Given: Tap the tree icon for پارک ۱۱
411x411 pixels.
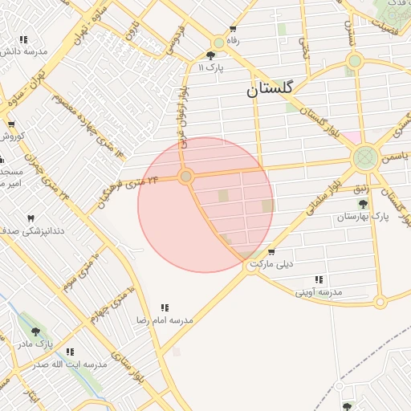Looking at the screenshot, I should tap(210, 55).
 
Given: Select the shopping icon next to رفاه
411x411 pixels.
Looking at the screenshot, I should tap(233, 28).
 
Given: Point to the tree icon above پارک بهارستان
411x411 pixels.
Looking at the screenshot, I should tap(363, 204).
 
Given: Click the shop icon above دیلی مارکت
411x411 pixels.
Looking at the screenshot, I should tap(271, 251).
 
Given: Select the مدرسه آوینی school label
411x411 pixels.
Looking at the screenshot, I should tap(319, 291).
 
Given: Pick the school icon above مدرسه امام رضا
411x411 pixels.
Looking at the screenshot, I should tap(165, 307).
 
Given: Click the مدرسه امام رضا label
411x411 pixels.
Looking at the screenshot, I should tap(165, 319).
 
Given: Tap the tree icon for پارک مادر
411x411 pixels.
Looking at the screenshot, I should tap(35, 331).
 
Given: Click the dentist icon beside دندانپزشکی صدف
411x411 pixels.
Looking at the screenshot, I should tap(31, 218).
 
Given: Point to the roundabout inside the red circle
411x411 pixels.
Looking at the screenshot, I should tap(186, 176).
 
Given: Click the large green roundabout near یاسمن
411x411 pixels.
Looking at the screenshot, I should tap(366, 157).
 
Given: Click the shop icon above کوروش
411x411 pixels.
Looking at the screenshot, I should tap(11, 124).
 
